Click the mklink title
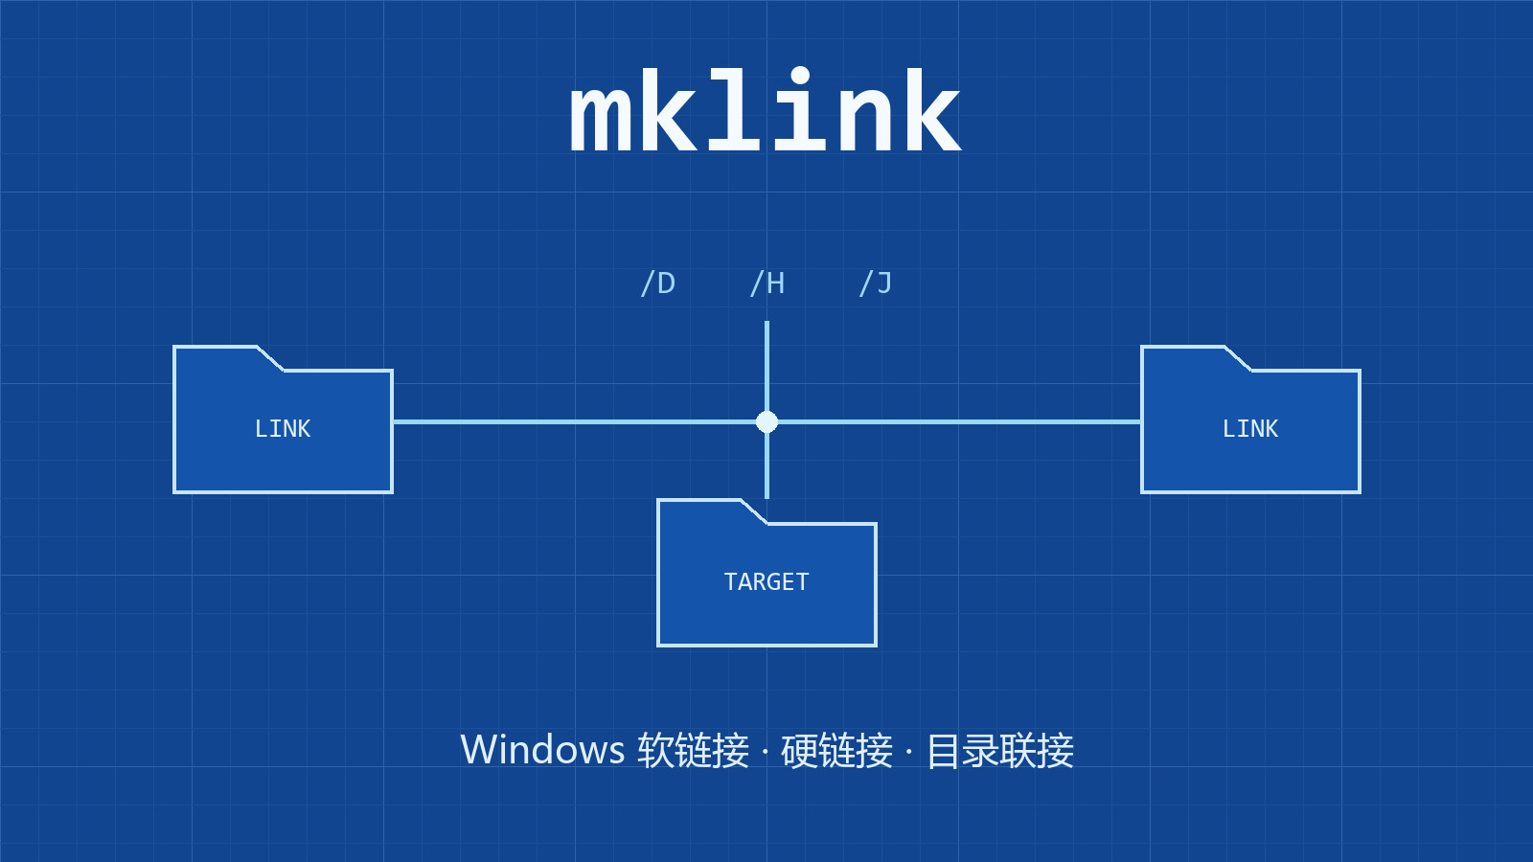766,109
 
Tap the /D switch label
657,284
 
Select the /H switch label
767,284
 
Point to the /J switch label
876,284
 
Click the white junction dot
766,422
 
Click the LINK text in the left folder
283,429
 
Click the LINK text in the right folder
1250,429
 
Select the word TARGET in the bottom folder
766,582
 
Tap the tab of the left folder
229,358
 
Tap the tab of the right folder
1197,358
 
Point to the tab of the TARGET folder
713,511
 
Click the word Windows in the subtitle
542,750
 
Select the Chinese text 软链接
694,751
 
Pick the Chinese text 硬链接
837,751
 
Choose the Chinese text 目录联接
1000,751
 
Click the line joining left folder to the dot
574,422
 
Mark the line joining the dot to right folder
959,422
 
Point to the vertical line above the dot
766,366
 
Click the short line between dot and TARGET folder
766,465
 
